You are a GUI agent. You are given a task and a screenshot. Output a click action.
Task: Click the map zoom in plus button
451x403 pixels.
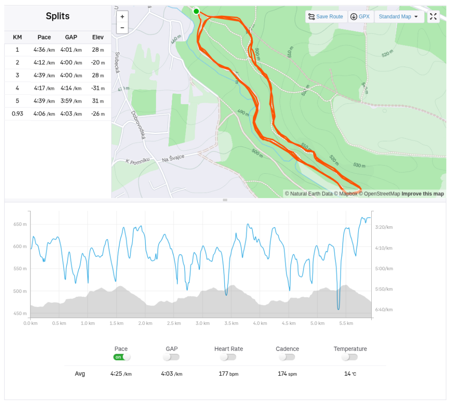122,17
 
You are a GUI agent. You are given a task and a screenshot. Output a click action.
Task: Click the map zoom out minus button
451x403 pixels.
122,28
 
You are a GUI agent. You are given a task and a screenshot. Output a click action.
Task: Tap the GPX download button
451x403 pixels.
360,17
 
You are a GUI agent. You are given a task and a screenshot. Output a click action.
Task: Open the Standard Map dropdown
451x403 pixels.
399,17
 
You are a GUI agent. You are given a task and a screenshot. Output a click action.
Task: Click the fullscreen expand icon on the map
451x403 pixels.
433,17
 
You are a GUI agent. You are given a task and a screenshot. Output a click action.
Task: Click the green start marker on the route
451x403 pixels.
196,11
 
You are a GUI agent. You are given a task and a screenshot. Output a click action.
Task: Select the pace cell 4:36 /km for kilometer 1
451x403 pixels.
44,50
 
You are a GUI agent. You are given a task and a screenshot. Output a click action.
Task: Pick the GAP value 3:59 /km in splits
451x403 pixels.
70,101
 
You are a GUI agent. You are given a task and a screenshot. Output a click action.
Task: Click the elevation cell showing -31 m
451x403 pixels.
98,88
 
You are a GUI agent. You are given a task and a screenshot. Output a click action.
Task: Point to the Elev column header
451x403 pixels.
98,37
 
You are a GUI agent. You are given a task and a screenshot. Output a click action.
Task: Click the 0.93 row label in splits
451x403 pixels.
18,114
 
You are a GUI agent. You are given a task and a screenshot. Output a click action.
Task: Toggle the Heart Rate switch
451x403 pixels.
228,357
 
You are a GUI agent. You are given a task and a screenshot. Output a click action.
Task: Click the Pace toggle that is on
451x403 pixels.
122,357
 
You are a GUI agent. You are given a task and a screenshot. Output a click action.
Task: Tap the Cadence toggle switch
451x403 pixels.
287,357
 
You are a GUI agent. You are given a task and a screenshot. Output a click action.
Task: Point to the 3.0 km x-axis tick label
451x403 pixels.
202,323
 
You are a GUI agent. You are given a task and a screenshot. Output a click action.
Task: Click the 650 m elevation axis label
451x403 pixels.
20,224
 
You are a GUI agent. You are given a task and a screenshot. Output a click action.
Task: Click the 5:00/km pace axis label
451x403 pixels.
384,269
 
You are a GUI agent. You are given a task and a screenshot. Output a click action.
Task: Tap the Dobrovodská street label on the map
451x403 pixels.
137,125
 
